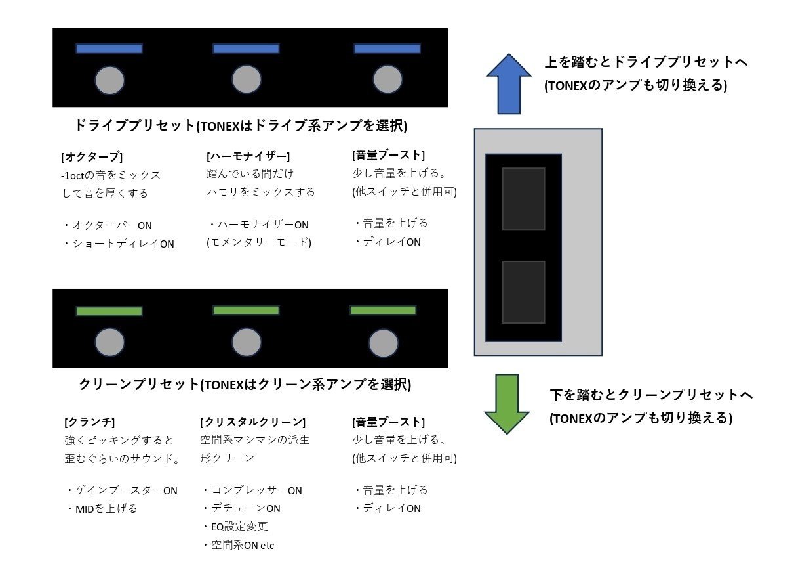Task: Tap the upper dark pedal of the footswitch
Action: [523, 198]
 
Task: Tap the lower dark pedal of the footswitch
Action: [523, 292]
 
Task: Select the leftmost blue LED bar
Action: [109, 49]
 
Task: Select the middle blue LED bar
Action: [246, 49]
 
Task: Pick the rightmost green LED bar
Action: [383, 310]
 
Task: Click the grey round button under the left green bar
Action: [109, 342]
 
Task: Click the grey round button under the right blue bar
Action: [387, 79]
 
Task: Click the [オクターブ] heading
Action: [91, 157]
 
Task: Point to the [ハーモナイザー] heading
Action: [248, 156]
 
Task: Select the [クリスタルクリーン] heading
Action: [252, 421]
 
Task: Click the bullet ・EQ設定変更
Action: [235, 527]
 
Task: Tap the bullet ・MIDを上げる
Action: [102, 508]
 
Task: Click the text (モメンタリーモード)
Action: [259, 242]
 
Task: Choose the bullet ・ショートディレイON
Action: [119, 244]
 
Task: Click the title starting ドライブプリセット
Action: [241, 125]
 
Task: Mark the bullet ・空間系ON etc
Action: [238, 545]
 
